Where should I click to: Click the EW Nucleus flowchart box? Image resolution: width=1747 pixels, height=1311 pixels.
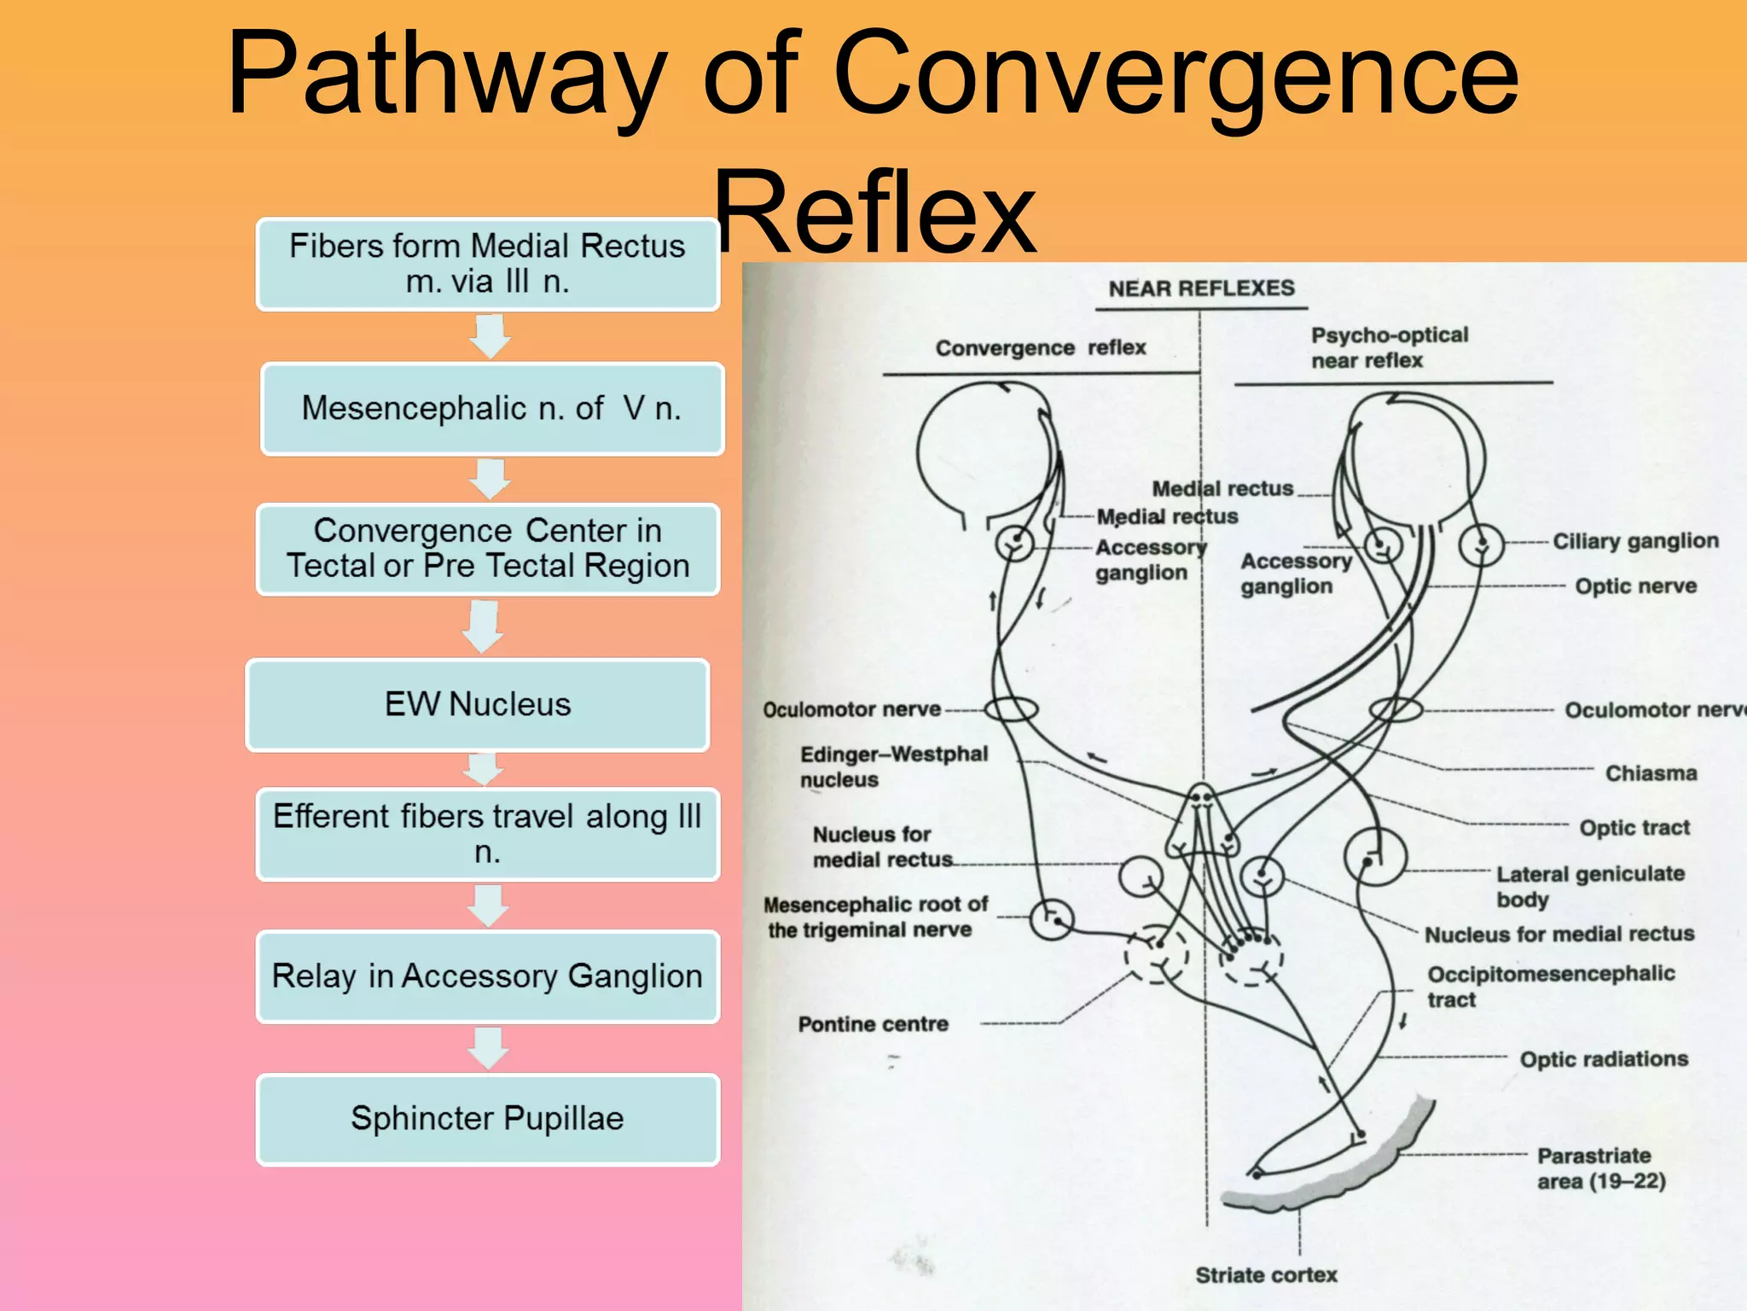478,705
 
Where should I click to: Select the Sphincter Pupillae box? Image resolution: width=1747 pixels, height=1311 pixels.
488,1119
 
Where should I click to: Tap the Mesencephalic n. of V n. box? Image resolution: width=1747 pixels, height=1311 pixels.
492,409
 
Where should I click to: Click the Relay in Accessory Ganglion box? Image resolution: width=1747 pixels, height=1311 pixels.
488,976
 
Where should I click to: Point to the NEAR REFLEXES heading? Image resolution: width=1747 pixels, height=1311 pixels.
1201,288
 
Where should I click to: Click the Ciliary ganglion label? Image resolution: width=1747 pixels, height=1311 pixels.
1635,541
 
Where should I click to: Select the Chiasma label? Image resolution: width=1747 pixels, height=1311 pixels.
1651,773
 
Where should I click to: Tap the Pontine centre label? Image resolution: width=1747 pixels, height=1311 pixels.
873,1024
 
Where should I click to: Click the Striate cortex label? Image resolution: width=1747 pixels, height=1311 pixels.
1266,1275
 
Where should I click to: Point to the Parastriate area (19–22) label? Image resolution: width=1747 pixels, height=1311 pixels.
1600,1168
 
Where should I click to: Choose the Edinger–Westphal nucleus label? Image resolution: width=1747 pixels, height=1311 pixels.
893,766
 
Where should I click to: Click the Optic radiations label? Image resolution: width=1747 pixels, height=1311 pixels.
1604,1059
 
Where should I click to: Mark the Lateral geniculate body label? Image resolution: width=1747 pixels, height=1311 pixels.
1590,886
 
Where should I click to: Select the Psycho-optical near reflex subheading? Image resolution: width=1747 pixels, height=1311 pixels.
1389,347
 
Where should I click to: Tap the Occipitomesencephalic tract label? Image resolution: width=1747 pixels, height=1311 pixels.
1550,986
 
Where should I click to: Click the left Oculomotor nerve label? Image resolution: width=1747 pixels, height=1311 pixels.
851,710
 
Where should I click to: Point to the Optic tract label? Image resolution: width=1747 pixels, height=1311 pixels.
1634,828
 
